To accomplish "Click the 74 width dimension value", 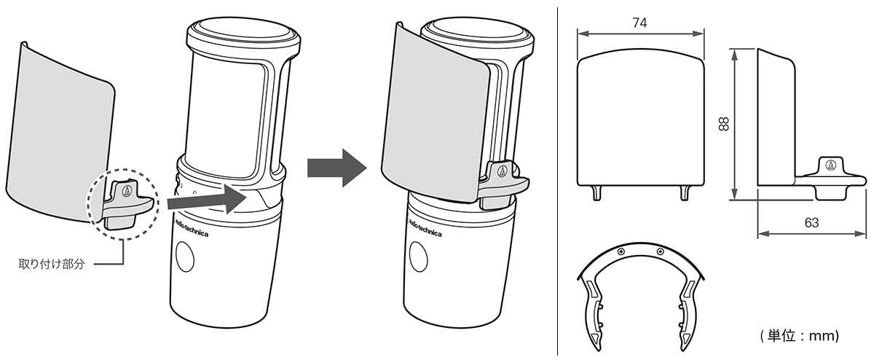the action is tap(639, 23).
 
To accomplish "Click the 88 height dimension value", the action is tap(724, 124).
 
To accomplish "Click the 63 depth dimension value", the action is tap(811, 222).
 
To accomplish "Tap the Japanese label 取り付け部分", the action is tap(52, 264).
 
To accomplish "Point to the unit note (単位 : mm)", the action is tap(799, 336).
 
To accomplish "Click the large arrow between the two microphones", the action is tap(337, 168).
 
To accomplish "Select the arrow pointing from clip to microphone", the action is tap(207, 200).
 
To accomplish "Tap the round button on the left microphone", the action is tap(185, 257).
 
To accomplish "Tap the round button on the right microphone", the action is tap(419, 257).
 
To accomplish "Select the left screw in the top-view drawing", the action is tap(621, 251).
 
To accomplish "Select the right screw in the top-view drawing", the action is tap(660, 251).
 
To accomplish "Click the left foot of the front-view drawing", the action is tap(597, 193).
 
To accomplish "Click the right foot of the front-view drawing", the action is tap(685, 193).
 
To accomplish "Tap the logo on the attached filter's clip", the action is tap(503, 170).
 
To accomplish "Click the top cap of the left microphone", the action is tap(244, 34).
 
